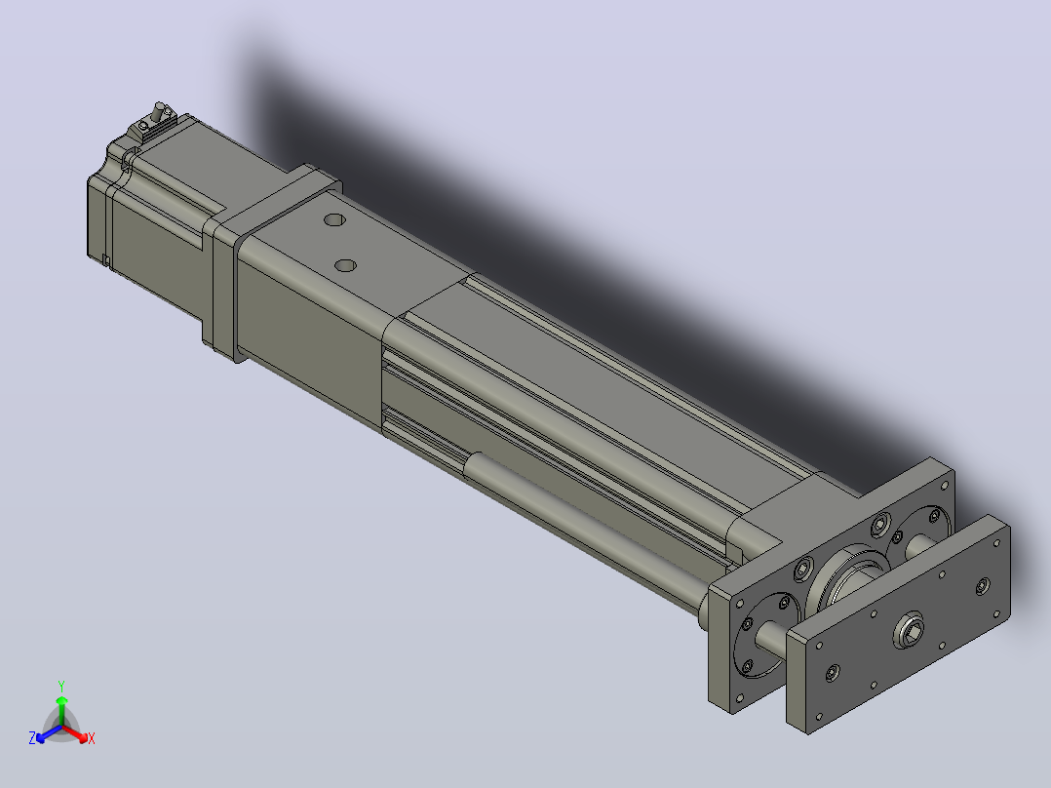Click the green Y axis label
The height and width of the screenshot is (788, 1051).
click(61, 686)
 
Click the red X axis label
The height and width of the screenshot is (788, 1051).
click(92, 738)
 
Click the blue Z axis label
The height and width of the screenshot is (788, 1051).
click(32, 738)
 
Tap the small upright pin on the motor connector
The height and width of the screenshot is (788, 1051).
click(160, 110)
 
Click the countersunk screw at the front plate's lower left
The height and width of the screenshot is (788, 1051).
click(833, 673)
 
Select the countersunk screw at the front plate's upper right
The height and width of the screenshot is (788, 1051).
click(982, 586)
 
